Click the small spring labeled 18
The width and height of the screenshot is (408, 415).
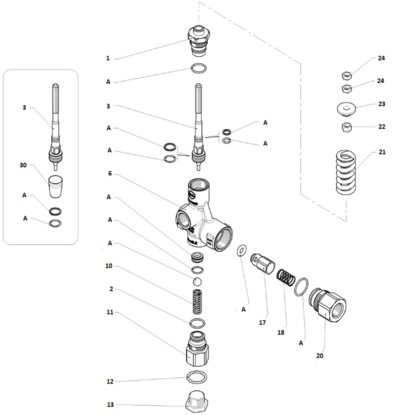[286, 278]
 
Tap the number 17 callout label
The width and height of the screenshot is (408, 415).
[262, 323]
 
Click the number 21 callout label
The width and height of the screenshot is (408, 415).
[382, 152]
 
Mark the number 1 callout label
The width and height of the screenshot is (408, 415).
[107, 58]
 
